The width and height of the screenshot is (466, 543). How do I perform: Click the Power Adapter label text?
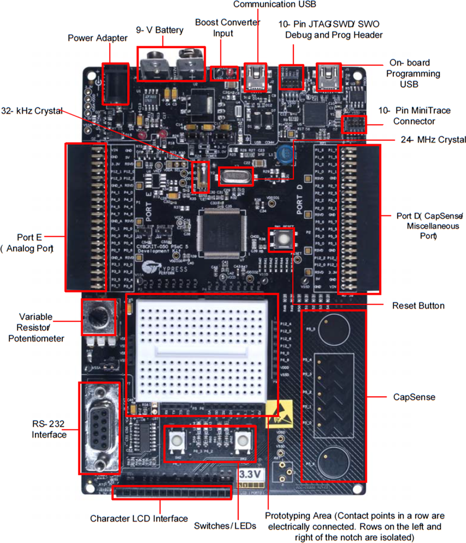point(98,38)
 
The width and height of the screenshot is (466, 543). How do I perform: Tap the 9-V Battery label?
point(160,30)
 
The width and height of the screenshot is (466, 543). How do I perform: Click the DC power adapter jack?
point(114,84)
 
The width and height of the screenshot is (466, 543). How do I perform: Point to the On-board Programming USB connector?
point(329,76)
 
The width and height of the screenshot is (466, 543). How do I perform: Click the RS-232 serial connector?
point(100,428)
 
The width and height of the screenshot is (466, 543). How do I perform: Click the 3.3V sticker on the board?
point(251,475)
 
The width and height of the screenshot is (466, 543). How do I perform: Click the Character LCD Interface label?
point(139,519)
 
